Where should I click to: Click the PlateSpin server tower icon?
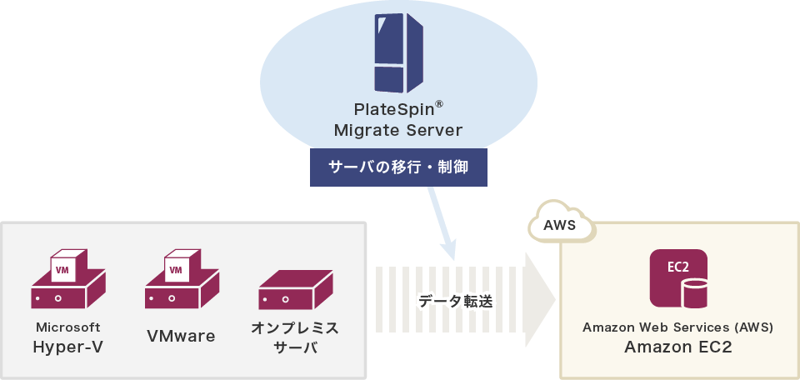(x=397, y=52)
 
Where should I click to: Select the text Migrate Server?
(x=397, y=131)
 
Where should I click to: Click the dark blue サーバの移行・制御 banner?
(x=397, y=167)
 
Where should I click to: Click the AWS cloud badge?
(x=560, y=224)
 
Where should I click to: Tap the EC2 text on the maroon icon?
(x=677, y=267)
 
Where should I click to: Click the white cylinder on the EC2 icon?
(x=693, y=294)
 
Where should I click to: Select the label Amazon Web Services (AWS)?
(x=677, y=327)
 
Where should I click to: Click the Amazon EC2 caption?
(x=677, y=347)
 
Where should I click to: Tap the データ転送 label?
(x=455, y=302)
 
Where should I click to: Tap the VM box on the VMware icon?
(x=176, y=269)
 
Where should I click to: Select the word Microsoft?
(x=68, y=327)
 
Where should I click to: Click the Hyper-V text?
(x=68, y=347)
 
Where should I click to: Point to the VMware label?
(x=181, y=337)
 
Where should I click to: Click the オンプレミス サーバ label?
(x=295, y=337)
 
